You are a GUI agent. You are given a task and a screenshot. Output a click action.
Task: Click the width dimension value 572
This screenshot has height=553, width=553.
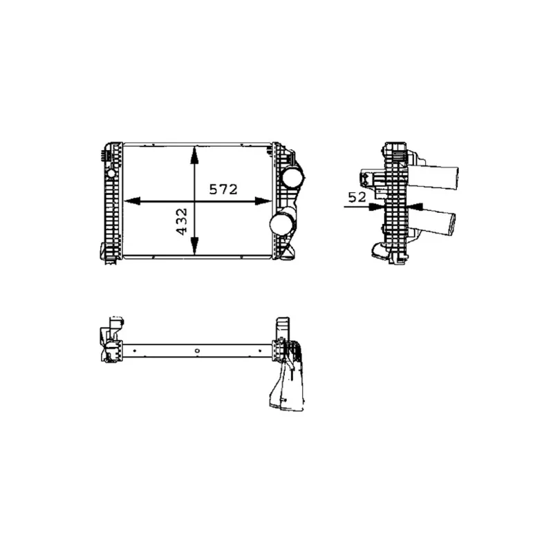[223, 189]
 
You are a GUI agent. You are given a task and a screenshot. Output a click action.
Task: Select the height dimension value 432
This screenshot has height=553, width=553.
[182, 222]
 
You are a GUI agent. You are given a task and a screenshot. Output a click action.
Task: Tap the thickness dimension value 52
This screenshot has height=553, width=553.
[357, 197]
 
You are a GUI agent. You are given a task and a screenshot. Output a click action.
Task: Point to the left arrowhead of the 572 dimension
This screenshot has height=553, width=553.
[132, 201]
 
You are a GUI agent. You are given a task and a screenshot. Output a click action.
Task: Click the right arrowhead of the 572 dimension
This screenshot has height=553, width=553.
[263, 201]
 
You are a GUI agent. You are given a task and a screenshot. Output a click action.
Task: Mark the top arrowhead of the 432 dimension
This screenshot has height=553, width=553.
[194, 155]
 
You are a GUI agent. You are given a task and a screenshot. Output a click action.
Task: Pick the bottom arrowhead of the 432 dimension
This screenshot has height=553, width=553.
[194, 246]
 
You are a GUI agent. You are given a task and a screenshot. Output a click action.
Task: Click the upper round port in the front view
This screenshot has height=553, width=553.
[292, 177]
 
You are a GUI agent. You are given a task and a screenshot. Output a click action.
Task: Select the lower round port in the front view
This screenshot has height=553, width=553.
[281, 223]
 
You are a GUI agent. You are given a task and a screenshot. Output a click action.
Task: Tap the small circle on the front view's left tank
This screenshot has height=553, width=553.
[111, 174]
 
